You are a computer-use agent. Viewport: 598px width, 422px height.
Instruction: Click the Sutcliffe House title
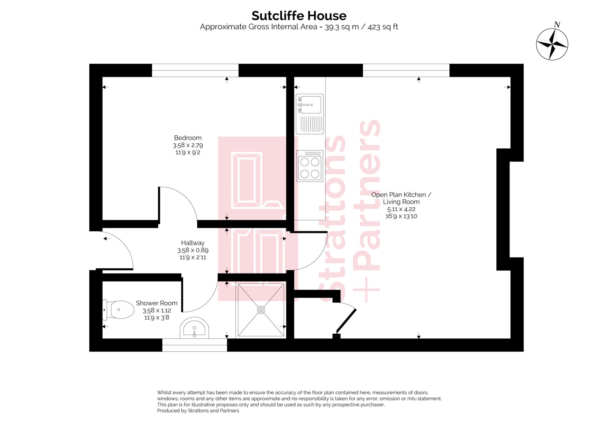299,16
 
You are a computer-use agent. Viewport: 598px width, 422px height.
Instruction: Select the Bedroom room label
187,138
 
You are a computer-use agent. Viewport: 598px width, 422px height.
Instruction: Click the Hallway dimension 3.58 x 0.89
193,250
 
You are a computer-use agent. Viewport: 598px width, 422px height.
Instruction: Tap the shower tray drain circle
261,310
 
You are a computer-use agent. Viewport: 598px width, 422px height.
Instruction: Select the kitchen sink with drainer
310,114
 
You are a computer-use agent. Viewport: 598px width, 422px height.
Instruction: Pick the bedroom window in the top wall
195,70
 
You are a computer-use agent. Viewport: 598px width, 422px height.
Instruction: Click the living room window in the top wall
406,70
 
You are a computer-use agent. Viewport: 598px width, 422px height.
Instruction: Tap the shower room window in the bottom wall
194,345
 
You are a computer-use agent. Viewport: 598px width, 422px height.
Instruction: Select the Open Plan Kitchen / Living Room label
401,198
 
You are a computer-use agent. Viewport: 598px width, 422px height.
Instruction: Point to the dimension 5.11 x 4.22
401,209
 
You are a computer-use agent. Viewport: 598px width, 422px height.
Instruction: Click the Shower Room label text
157,303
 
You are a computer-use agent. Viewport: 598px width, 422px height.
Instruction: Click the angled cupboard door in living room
347,320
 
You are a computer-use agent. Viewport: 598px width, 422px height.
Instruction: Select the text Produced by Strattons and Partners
198,411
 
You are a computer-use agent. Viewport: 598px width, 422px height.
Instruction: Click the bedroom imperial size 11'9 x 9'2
187,152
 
